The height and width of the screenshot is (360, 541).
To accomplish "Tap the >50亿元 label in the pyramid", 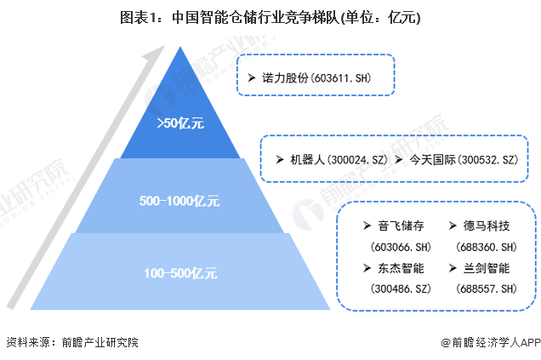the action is pyautogui.click(x=180, y=123).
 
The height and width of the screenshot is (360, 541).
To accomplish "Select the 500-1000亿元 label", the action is pyautogui.click(x=179, y=202).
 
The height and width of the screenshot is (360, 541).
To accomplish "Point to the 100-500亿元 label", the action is pyautogui.click(x=179, y=274).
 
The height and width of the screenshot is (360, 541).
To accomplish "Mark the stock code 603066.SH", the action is pyautogui.click(x=396, y=247).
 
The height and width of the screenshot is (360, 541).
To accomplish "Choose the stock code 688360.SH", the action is pyautogui.click(x=486, y=247).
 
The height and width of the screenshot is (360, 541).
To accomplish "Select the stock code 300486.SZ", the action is pyautogui.click(x=396, y=289).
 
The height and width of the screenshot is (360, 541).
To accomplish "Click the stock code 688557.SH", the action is pyautogui.click(x=486, y=289).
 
